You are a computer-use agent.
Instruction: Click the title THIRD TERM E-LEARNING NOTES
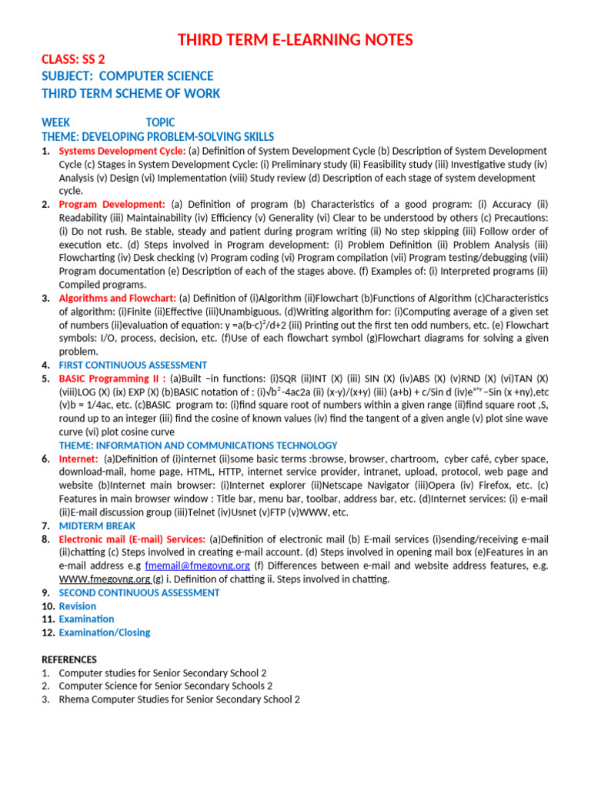pos(295,40)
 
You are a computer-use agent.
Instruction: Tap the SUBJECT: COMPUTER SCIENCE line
pos(127,76)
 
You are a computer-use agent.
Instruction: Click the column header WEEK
pos(55,122)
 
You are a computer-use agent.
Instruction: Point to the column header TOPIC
pos(160,122)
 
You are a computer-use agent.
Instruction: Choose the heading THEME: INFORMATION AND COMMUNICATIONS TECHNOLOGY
pos(198,446)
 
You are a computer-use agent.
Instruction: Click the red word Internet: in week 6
pos(78,459)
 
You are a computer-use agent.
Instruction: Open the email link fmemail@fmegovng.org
pos(198,566)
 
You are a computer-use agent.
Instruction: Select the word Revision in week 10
pos(77,606)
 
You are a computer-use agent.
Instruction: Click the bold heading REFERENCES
pos(69,659)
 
